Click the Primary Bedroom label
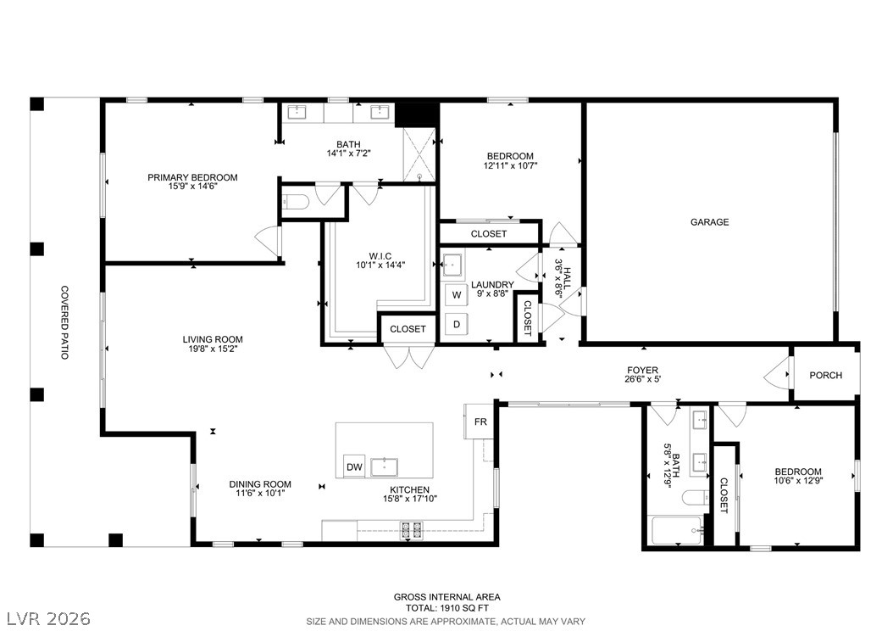pos(192,177)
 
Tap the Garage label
pos(710,221)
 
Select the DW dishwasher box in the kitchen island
pos(354,466)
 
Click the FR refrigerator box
pos(480,422)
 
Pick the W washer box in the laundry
pos(456,294)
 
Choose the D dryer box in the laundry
pos(456,324)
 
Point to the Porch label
pos(826,375)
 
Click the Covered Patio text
pos(65,322)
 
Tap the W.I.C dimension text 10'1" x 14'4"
pos(380,265)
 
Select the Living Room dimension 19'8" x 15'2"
pos(213,348)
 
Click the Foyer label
pos(643,370)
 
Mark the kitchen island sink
pos(385,466)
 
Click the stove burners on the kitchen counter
pos(413,530)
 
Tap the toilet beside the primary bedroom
pos(296,202)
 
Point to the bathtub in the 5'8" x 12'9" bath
pos(678,531)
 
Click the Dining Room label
pos(260,484)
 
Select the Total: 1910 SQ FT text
pos(447,607)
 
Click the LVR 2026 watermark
pos(48,618)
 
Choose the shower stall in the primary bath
pos(419,154)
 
